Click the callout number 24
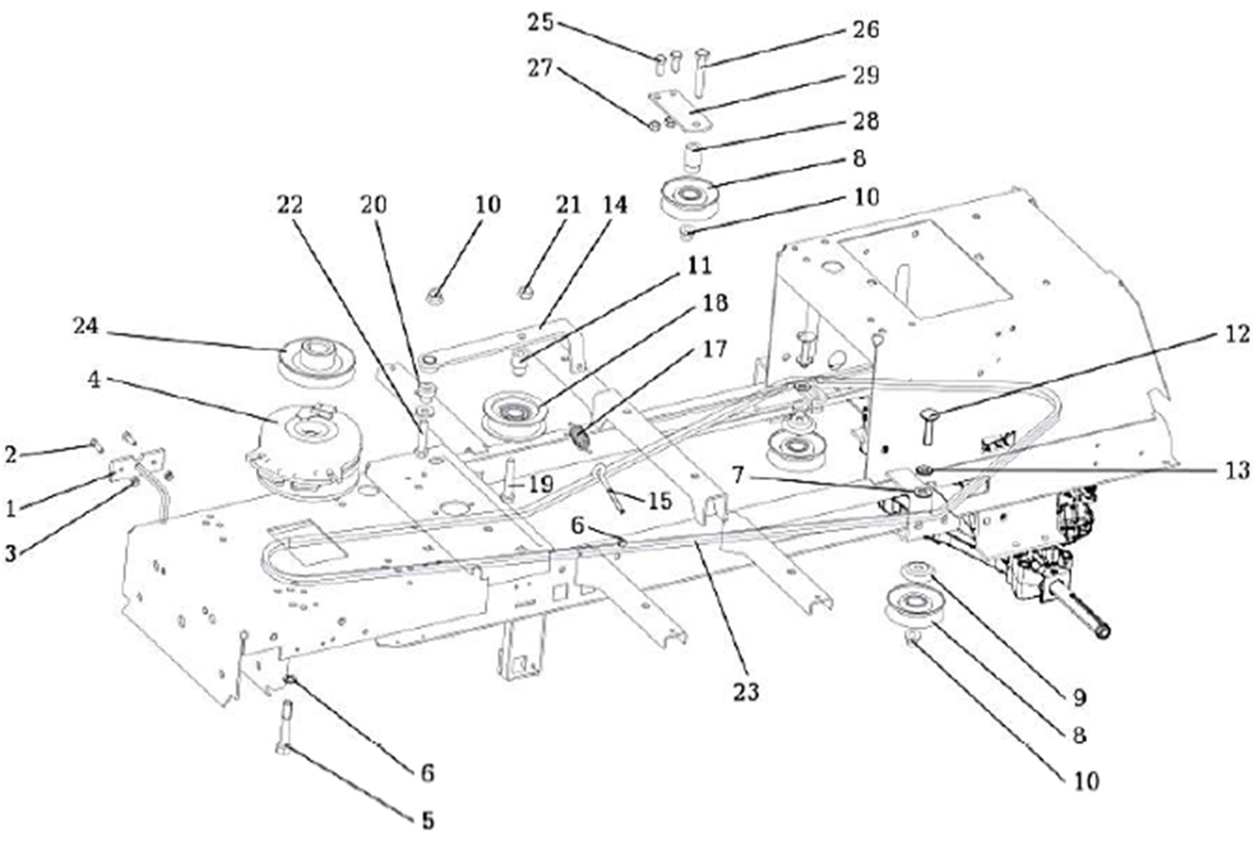tap(86, 326)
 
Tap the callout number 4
tap(95, 379)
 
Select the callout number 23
tap(746, 692)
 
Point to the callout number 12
tap(1237, 335)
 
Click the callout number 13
tap(1237, 471)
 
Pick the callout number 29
tap(865, 75)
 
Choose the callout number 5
tap(428, 821)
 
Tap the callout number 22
tap(290, 205)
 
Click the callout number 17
tap(714, 349)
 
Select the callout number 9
tap(1079, 697)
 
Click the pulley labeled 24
tap(317, 362)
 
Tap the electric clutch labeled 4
tap(305, 450)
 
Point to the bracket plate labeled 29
tap(680, 112)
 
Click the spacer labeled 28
tap(693, 158)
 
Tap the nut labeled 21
tap(524, 292)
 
